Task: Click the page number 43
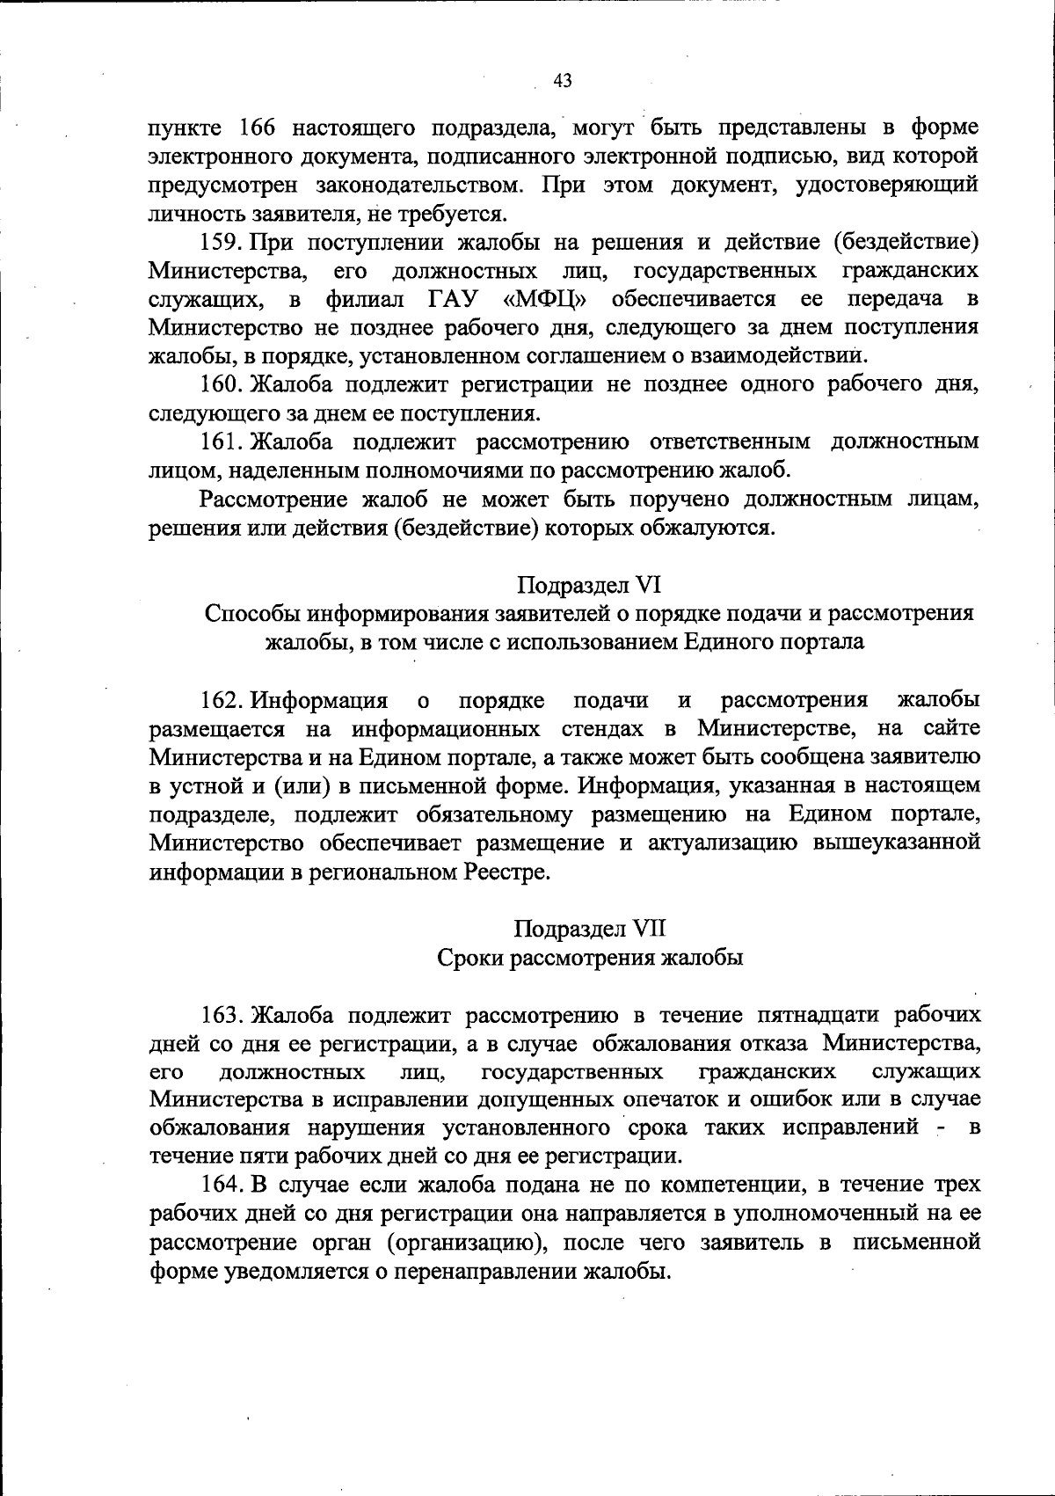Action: pyautogui.click(x=564, y=81)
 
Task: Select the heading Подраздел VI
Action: pyautogui.click(x=588, y=585)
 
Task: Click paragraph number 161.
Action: pyautogui.click(x=222, y=442)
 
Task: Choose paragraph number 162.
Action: pyautogui.click(x=222, y=700)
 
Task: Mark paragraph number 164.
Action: pyautogui.click(x=223, y=1186)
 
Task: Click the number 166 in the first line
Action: pyautogui.click(x=258, y=128)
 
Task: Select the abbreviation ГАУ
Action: pyautogui.click(x=456, y=299)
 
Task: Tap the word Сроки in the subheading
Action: pyautogui.click(x=469, y=958)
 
